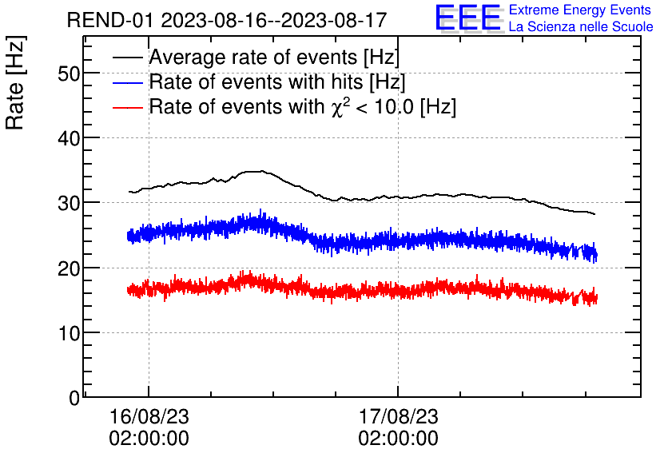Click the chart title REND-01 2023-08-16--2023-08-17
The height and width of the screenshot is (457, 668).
[x=232, y=20]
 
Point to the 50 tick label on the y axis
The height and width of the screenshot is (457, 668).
[x=70, y=74]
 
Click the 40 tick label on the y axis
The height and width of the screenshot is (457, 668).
[x=70, y=138]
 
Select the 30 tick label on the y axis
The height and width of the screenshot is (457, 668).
[x=70, y=203]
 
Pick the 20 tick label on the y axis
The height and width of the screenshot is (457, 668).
[x=70, y=268]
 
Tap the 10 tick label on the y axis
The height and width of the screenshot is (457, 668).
[x=70, y=333]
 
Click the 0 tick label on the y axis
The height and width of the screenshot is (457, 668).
[x=74, y=398]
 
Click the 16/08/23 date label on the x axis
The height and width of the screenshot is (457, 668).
[x=149, y=417]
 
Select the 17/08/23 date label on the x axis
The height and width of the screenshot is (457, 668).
[x=398, y=417]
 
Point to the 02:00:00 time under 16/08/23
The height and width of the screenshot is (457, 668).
[x=149, y=439]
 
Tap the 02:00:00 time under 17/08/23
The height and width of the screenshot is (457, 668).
[x=398, y=439]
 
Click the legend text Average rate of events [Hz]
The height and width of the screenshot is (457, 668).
[x=274, y=58]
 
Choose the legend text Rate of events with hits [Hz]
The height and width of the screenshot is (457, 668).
[x=277, y=82]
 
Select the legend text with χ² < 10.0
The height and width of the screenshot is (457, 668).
[x=302, y=107]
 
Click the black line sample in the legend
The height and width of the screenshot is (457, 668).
[x=129, y=58]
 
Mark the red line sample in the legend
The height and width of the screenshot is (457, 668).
[x=129, y=107]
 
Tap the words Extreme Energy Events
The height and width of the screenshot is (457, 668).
[x=580, y=10]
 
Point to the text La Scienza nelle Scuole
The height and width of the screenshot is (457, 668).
[x=581, y=27]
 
